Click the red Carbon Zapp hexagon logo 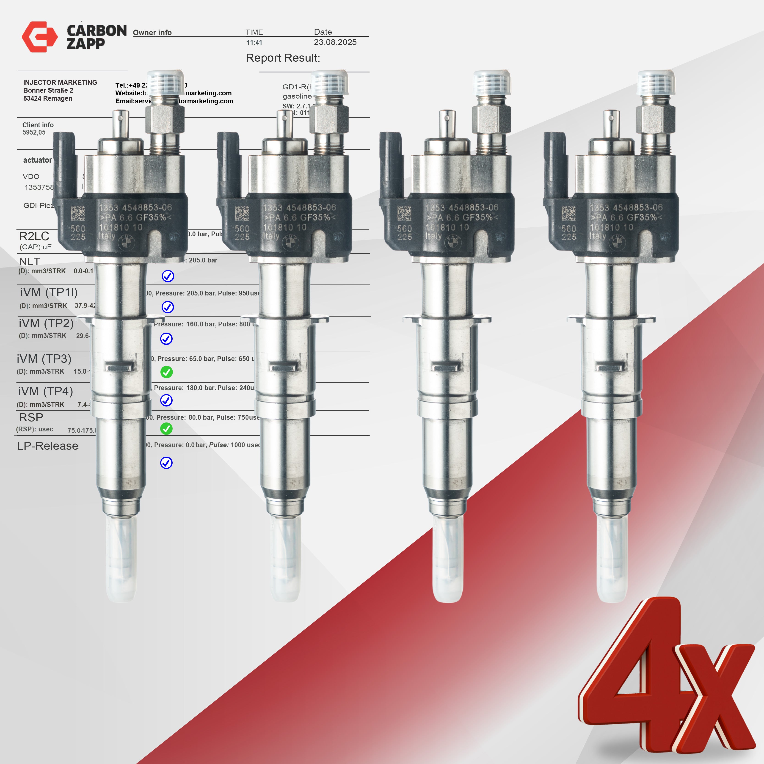40,37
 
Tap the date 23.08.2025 335,42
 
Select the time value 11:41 254,43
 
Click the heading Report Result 283,58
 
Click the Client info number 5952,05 34,132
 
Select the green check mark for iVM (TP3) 166,372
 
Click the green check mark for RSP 166,429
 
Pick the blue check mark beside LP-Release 166,463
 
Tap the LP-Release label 47,446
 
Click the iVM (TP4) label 45,391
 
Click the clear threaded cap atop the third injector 491,83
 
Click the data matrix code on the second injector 242,214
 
